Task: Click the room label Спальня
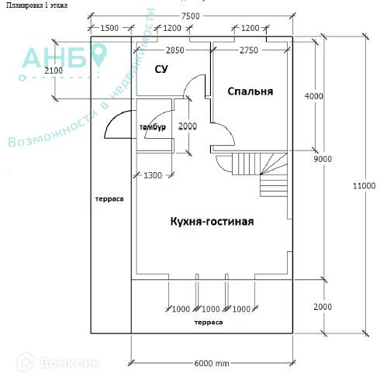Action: pyautogui.click(x=250, y=91)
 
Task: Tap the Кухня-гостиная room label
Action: pyautogui.click(x=212, y=222)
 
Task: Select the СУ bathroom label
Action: pyautogui.click(x=161, y=69)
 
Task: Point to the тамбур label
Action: pyautogui.click(x=153, y=127)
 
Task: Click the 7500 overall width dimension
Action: pyautogui.click(x=190, y=16)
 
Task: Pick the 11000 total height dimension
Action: pyautogui.click(x=364, y=185)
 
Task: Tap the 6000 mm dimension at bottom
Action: pyautogui.click(x=212, y=364)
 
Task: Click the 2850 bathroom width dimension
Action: pyautogui.click(x=175, y=50)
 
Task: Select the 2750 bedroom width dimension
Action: pyautogui.click(x=249, y=50)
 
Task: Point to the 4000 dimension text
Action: pyautogui.click(x=314, y=96)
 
